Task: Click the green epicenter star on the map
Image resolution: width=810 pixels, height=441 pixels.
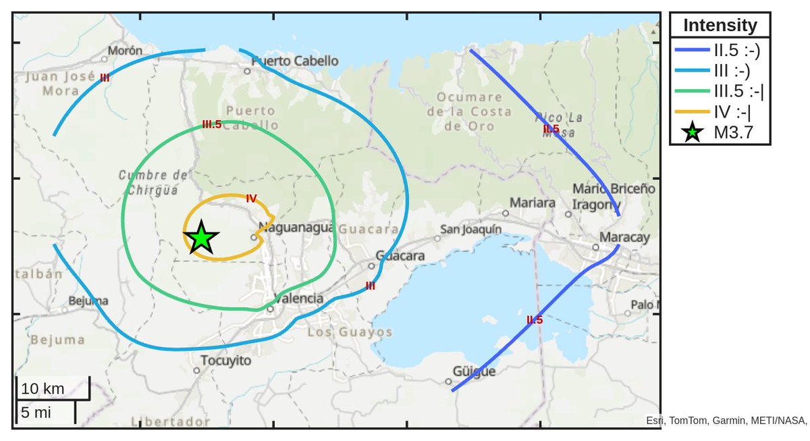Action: click(x=200, y=237)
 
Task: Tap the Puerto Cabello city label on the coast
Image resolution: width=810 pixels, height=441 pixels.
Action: click(x=295, y=61)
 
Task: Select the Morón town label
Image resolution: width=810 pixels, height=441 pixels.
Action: click(x=126, y=51)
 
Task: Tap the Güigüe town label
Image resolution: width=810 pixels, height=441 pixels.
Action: click(x=474, y=372)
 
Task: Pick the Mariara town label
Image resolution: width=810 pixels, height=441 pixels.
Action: click(x=532, y=203)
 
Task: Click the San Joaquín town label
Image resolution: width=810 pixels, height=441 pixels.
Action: click(x=470, y=230)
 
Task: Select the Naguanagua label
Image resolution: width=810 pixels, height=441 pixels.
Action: click(x=296, y=228)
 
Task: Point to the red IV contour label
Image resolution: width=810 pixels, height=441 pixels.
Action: click(x=251, y=199)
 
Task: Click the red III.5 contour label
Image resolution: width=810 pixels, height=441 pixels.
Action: click(x=212, y=124)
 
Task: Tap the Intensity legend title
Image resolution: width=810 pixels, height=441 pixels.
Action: click(x=720, y=26)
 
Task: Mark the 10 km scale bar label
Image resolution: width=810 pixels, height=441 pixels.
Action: click(x=43, y=388)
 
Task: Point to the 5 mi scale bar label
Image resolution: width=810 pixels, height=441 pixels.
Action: click(x=36, y=413)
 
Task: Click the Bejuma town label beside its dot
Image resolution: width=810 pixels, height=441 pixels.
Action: click(x=88, y=301)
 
